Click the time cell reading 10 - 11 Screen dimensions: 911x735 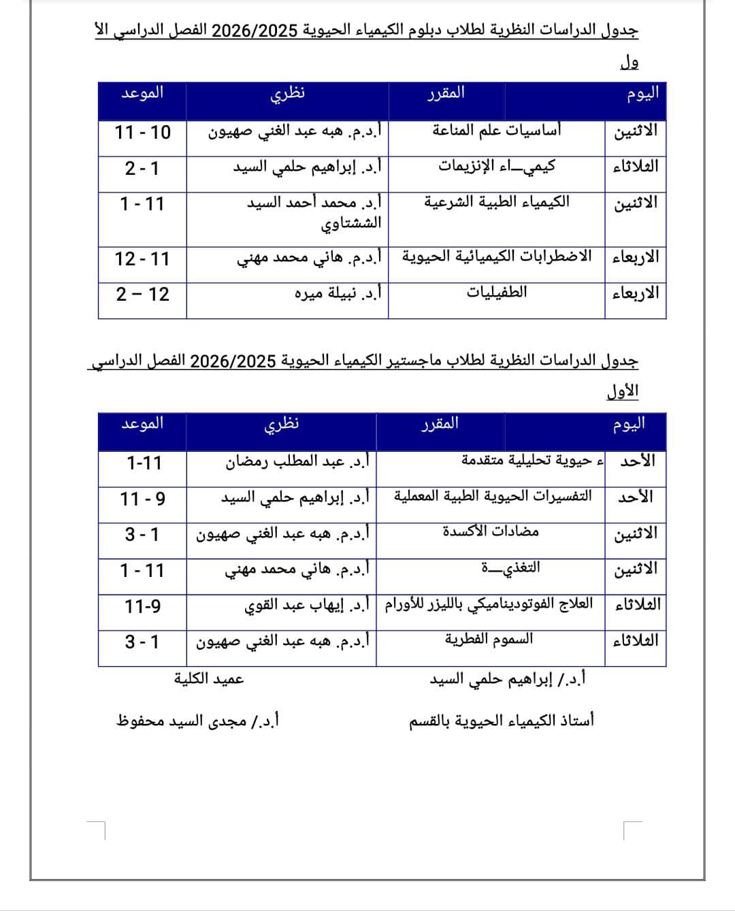142,132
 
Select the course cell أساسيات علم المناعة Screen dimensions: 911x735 497,129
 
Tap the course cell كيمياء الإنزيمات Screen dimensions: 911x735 497,165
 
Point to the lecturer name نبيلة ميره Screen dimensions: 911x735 338,293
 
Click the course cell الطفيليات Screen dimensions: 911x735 497,293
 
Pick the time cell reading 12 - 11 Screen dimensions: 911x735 142,259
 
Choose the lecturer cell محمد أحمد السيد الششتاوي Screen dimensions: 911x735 314,212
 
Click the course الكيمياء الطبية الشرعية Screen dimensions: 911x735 497,202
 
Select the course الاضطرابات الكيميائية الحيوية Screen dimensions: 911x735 497,256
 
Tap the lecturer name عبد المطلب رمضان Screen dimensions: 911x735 298,463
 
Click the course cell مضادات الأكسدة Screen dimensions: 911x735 491,531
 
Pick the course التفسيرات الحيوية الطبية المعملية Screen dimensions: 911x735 493,496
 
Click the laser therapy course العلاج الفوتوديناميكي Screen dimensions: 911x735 489,603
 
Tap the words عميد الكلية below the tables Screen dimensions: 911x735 209,678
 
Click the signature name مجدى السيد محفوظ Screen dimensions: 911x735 198,720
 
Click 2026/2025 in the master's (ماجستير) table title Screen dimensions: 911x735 232,360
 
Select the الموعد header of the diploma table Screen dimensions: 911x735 142,93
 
